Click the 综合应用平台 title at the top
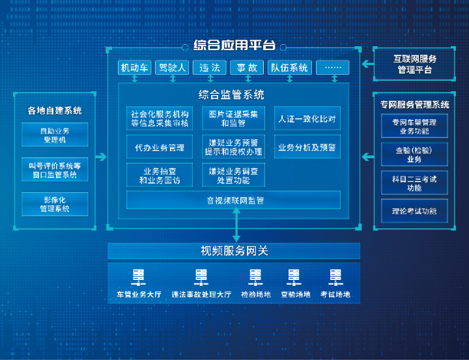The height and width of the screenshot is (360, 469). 234,46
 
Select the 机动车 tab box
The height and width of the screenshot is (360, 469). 135,68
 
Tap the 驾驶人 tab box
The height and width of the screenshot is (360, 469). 173,68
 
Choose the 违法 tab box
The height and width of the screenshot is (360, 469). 210,68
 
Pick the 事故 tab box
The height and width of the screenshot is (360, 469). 247,68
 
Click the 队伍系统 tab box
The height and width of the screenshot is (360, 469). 290,68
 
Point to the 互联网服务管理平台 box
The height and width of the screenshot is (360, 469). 415,64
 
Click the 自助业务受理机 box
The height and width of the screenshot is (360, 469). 55,135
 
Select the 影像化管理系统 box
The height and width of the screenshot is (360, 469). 55,204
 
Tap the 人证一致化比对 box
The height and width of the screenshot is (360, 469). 307,119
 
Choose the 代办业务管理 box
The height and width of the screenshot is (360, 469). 160,147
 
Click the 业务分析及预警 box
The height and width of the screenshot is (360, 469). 307,147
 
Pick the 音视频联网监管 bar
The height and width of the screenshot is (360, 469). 233,201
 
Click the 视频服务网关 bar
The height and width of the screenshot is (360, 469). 234,251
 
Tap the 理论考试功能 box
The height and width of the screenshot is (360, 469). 414,211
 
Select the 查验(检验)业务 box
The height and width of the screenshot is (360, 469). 414,154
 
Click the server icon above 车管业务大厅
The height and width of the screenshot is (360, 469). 139,276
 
